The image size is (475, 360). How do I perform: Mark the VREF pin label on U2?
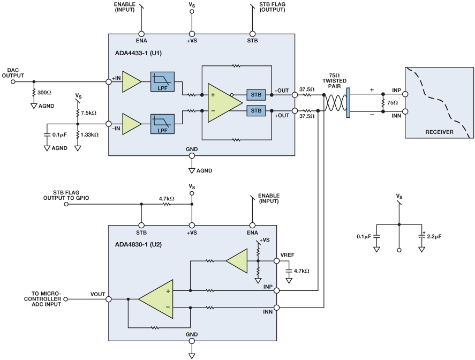287,254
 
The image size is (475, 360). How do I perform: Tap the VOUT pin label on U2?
97,294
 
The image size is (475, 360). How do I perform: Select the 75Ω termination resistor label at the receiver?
393,102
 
